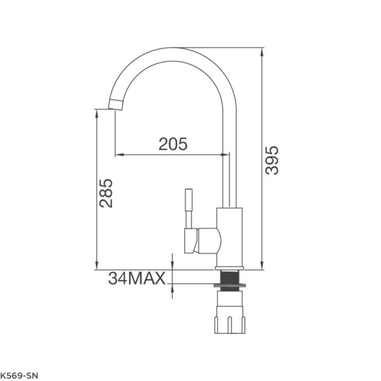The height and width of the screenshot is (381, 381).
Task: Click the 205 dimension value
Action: click(173, 144)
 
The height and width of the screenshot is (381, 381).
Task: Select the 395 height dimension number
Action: click(272, 160)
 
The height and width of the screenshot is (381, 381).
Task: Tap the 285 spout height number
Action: click(106, 193)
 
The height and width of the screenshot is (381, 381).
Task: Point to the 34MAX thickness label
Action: click(137, 278)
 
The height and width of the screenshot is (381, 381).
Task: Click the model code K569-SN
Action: click(19, 376)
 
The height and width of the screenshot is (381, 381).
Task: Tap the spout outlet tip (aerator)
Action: click(116, 105)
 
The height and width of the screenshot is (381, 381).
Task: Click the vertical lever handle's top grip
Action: click(189, 200)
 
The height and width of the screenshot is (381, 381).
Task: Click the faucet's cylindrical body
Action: click(230, 237)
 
